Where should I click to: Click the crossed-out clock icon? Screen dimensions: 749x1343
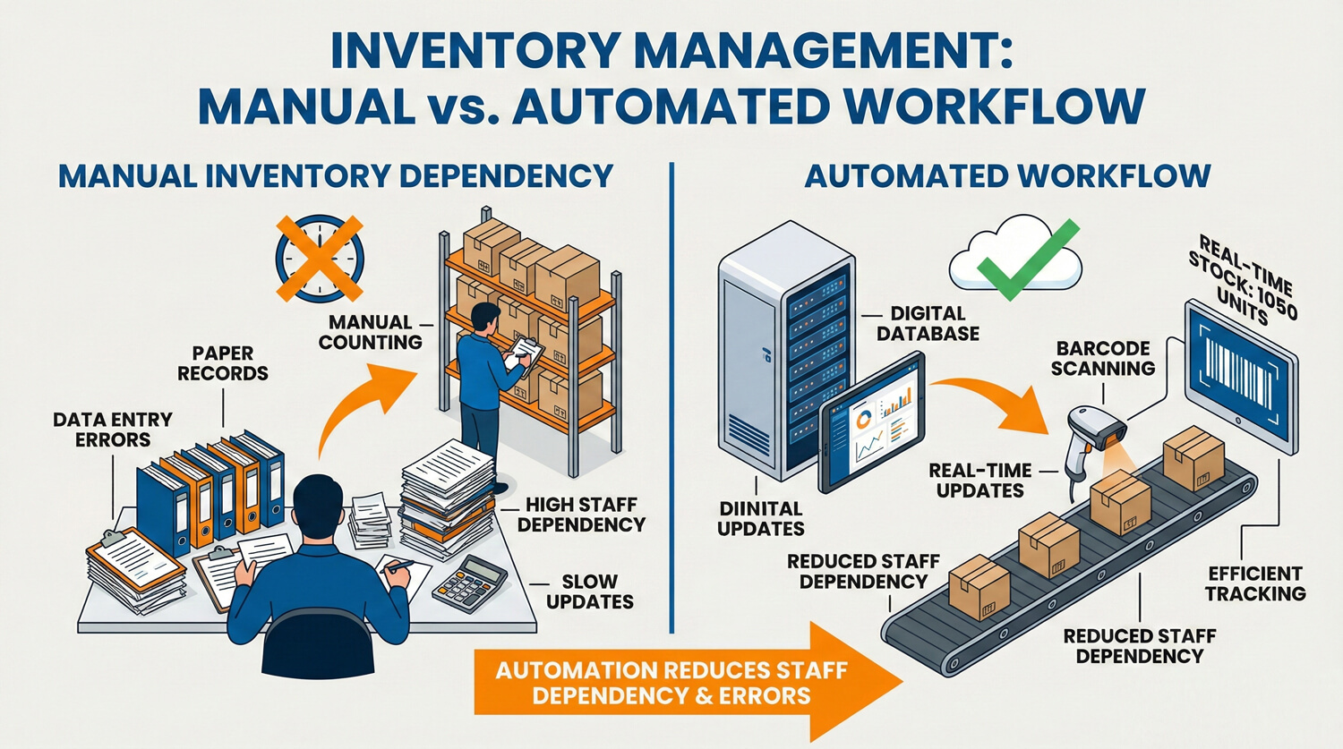319,258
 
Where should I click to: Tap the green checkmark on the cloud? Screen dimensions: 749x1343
1026,260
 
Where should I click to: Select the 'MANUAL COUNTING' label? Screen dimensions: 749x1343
370,332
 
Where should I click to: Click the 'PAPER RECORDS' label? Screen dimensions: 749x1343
222,363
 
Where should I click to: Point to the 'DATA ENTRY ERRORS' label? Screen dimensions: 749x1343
113,430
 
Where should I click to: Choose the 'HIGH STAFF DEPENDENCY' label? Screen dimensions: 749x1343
581,515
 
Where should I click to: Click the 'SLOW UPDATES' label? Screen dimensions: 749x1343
589,592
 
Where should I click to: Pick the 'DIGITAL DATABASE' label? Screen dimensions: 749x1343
928,324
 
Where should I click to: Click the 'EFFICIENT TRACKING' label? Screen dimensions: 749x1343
1254,583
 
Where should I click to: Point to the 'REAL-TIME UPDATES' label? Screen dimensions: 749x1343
980,481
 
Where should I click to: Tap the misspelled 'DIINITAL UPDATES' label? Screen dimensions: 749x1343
760,518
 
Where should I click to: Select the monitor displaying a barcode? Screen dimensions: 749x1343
1241,376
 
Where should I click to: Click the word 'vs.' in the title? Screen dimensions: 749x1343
463,106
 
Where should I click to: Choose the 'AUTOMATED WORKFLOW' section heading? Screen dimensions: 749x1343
1007,175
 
